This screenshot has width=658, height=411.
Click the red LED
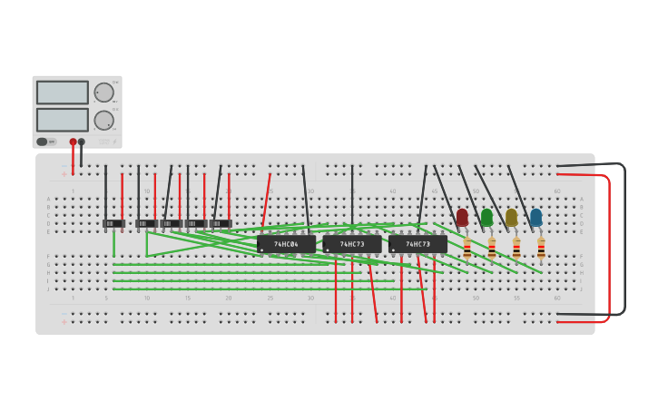(462, 218)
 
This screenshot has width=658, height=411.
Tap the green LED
(486, 218)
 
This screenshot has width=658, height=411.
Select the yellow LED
(511, 218)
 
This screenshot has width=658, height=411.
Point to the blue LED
(535, 218)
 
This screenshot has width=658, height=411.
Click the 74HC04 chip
(287, 244)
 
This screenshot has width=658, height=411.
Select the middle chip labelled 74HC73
(352, 244)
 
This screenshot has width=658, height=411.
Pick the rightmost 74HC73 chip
(417, 244)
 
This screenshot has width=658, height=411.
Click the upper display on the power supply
(63, 93)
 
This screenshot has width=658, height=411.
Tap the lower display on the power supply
(63, 120)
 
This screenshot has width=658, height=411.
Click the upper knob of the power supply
(103, 93)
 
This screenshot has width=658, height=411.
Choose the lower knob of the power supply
(103, 120)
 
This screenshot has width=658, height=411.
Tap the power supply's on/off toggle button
(43, 142)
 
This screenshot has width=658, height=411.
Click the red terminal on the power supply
(74, 142)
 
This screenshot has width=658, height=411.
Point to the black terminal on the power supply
(82, 142)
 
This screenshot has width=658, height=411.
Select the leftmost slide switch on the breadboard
(113, 223)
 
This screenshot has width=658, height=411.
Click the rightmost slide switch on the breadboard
(221, 223)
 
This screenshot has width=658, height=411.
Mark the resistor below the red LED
(467, 248)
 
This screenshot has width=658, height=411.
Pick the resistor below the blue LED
(541, 248)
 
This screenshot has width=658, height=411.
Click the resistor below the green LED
(492, 248)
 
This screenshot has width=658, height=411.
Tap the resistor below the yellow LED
(516, 248)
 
